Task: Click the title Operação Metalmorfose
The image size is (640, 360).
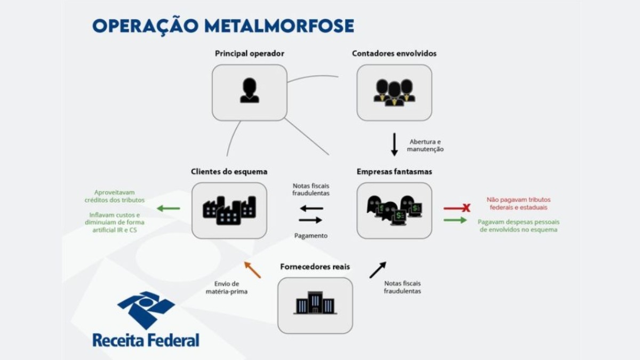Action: [223, 26]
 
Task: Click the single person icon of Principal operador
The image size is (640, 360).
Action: [249, 91]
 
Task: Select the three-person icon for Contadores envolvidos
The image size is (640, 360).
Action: [394, 92]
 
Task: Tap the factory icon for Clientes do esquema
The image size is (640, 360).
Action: [229, 210]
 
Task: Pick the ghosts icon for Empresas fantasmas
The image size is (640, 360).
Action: [394, 210]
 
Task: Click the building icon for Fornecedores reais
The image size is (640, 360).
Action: [315, 303]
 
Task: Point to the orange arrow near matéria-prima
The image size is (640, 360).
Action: [253, 270]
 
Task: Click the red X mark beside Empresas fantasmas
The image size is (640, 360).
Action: [466, 208]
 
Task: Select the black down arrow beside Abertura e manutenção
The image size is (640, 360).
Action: [395, 145]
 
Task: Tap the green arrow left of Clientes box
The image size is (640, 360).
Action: [169, 209]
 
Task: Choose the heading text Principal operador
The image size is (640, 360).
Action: [249, 53]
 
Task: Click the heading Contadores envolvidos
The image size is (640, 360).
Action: [394, 53]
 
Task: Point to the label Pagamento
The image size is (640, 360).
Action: [310, 235]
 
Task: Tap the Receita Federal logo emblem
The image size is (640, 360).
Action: [146, 309]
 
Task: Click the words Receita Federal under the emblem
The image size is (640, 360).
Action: [146, 340]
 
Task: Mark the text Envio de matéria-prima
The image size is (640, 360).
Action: [227, 287]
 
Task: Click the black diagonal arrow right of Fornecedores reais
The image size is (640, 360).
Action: [378, 270]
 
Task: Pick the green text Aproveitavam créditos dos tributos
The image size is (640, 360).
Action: [114, 196]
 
